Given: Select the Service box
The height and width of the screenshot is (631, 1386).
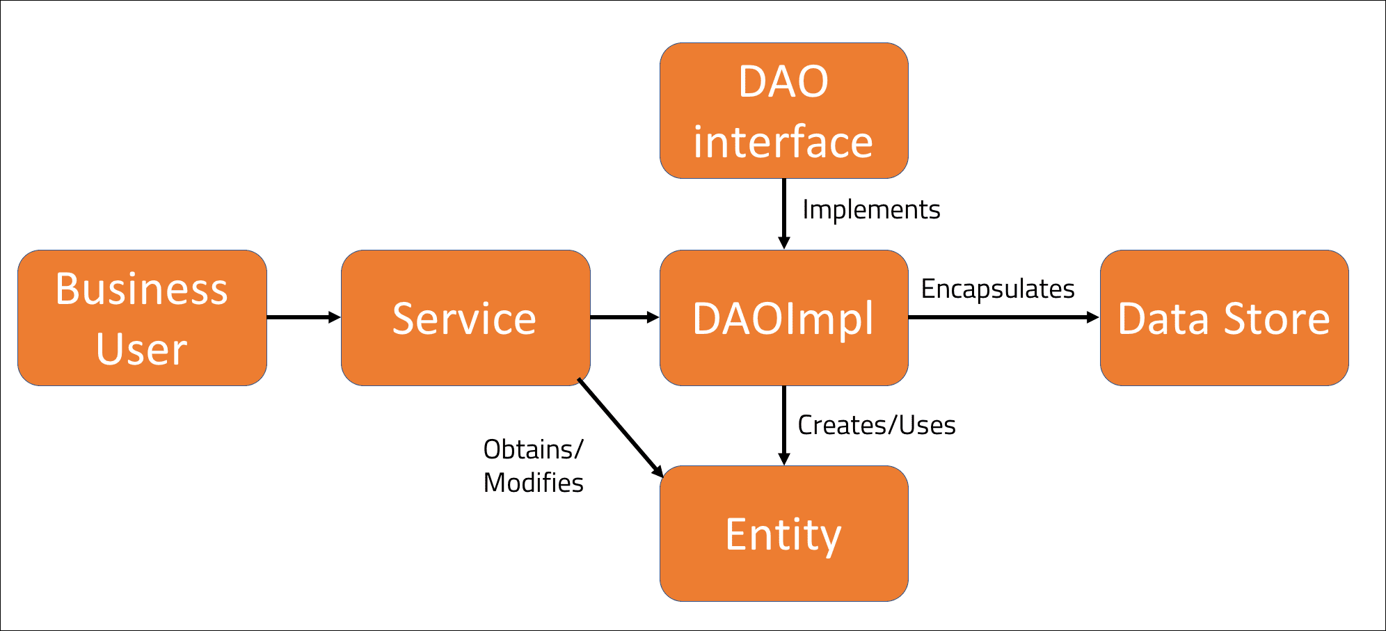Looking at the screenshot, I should point(465,318).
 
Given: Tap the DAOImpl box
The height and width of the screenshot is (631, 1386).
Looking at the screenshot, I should point(783,318).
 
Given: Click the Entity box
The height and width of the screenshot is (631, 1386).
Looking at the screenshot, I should point(783,534).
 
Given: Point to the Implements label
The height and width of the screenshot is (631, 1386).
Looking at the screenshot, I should point(871,209).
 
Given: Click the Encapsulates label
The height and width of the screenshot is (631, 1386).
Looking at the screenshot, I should point(998,289).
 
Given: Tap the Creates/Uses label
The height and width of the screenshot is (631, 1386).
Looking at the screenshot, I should point(876,425).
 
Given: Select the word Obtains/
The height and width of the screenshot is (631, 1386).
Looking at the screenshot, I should point(533,449).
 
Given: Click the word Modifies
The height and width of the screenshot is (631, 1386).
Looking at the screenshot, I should point(533,483).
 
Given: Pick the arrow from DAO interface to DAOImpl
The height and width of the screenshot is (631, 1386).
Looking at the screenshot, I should point(784,213).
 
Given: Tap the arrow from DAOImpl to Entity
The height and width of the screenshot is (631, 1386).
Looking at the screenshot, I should point(784,425).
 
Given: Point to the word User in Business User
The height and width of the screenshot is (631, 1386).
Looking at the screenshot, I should point(142,349).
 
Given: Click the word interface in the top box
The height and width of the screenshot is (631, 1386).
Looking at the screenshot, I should point(783,143).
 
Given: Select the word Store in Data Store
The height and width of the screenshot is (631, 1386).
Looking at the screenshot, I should point(1277,319).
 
